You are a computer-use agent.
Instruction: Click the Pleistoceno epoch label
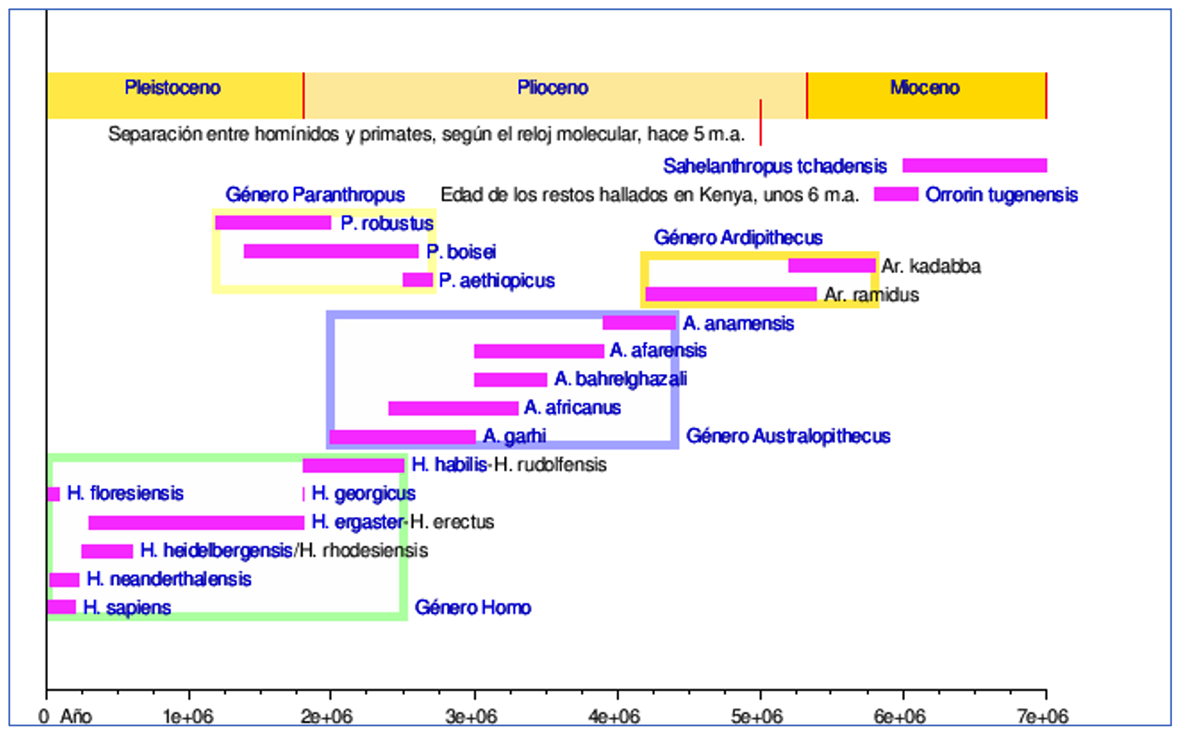pyautogui.click(x=172, y=88)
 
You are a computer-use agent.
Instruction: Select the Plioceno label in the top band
pyautogui.click(x=552, y=88)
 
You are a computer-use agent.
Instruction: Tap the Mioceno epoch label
pyautogui.click(x=925, y=88)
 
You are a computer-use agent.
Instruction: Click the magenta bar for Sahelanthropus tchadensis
pyautogui.click(x=974, y=165)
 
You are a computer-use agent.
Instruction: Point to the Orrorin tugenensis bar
pyautogui.click(x=896, y=194)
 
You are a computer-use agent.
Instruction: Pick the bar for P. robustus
pyautogui.click(x=272, y=223)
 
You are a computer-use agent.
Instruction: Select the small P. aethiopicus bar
pyautogui.click(x=417, y=280)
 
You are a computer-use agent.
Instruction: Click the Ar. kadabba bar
pyautogui.click(x=831, y=266)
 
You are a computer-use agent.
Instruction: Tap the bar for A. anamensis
pyautogui.click(x=639, y=323)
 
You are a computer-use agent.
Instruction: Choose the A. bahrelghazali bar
pyautogui.click(x=510, y=380)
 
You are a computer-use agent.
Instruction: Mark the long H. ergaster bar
pyautogui.click(x=196, y=522)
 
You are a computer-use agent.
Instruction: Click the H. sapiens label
pyautogui.click(x=127, y=608)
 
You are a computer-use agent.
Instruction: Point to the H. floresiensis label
pyautogui.click(x=125, y=494)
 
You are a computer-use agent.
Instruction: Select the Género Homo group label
pyautogui.click(x=473, y=608)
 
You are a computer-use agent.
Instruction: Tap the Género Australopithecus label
pyautogui.click(x=788, y=436)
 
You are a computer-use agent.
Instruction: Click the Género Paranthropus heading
pyautogui.click(x=315, y=195)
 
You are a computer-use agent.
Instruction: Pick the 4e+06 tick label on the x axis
pyautogui.click(x=613, y=717)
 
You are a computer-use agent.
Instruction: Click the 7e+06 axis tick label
pyautogui.click(x=1042, y=717)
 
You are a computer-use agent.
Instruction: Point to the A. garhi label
pyautogui.click(x=514, y=436)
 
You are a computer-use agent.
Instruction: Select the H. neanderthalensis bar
pyautogui.click(x=65, y=579)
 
